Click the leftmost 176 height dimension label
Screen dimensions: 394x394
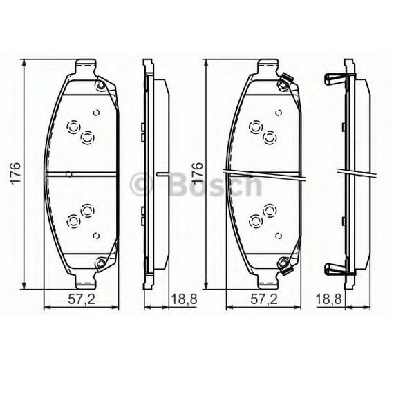[x=15, y=173]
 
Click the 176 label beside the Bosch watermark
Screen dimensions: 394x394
[x=198, y=173]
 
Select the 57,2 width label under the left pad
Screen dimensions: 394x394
[x=82, y=299]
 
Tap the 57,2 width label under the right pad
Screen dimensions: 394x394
[x=264, y=299]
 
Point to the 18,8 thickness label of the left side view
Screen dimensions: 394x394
[x=184, y=299]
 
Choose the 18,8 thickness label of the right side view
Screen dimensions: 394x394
[x=328, y=299]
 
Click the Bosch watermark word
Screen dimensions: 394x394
[x=216, y=185]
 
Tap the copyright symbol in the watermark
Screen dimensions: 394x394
[x=141, y=185]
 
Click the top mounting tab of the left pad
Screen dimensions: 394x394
[x=86, y=66]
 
